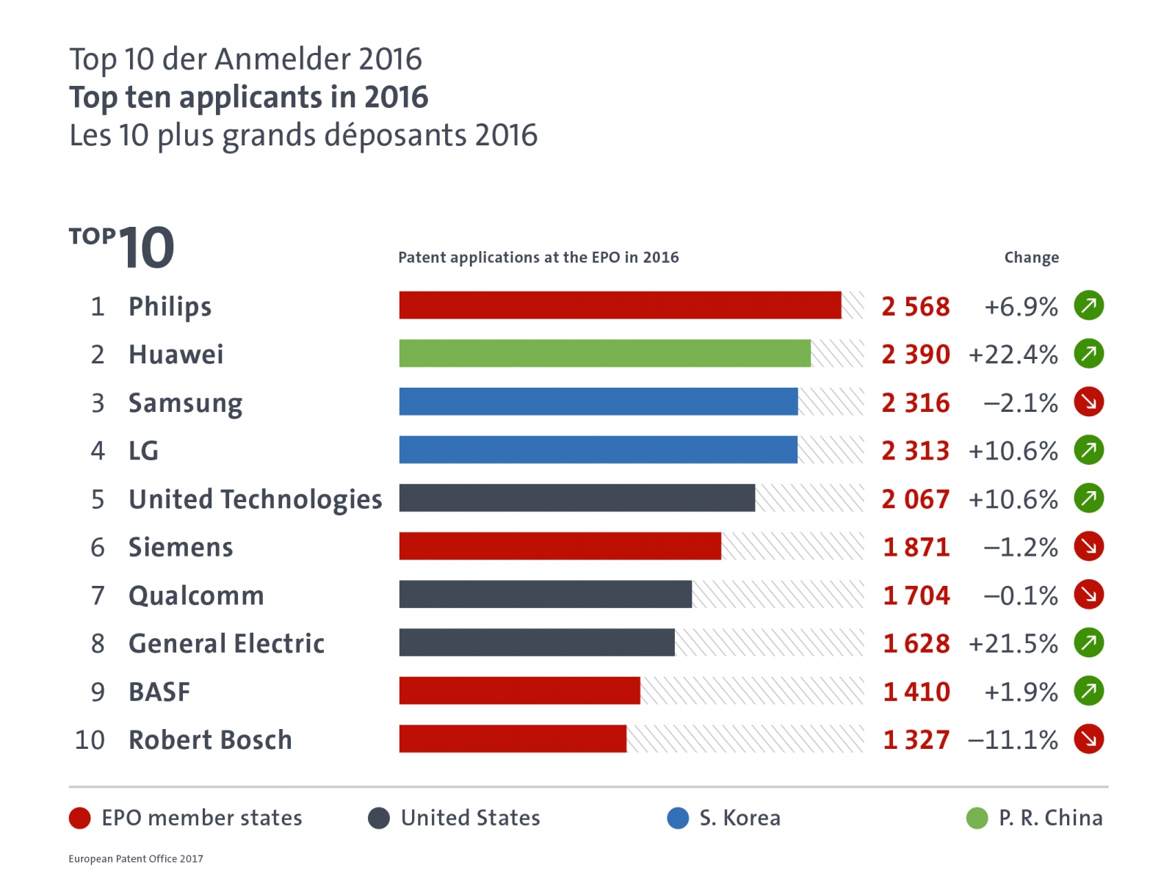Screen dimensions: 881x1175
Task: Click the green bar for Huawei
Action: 604,353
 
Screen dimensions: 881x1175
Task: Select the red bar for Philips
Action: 620,305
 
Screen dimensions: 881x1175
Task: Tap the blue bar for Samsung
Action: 598,402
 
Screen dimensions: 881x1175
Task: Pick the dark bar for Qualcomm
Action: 545,594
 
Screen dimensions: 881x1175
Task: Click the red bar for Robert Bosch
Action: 513,739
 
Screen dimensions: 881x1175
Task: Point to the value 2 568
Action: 915,306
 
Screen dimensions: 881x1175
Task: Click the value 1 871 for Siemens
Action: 916,547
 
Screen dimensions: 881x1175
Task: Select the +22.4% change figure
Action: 1013,355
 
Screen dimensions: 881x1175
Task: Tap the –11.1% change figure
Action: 1013,739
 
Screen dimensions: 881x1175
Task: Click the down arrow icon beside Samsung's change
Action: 1088,402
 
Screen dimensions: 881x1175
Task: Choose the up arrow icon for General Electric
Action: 1088,642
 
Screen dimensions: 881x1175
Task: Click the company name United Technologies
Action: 255,499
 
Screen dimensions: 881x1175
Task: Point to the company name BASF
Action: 159,692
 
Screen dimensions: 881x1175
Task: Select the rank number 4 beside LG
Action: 98,451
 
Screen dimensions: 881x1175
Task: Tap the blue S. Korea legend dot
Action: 678,818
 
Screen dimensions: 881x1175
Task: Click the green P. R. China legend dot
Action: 977,818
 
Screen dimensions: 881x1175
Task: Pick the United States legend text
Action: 470,818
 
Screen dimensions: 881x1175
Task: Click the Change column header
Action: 1031,258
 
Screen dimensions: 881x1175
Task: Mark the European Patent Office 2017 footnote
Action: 136,858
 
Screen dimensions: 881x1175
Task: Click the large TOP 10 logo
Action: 122,247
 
